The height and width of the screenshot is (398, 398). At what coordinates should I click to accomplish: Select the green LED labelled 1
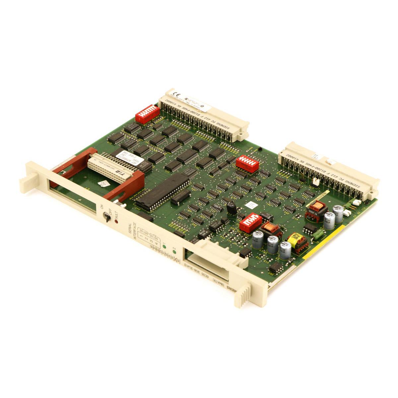coord(164,247)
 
